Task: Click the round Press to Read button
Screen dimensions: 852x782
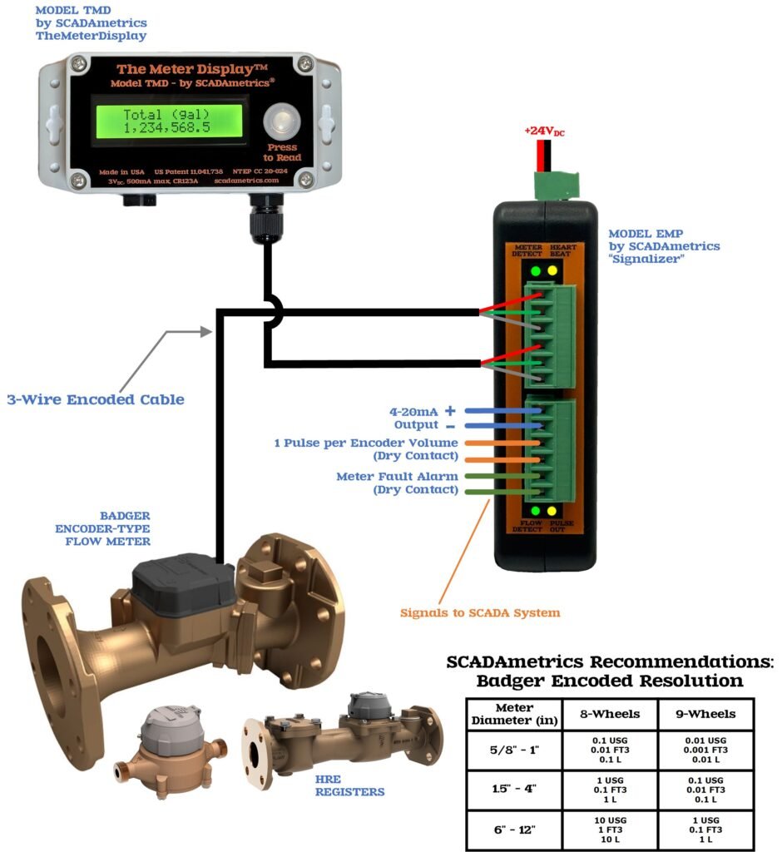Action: [280, 122]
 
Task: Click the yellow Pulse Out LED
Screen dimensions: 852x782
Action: [552, 510]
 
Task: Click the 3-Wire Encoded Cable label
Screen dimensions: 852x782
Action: [95, 399]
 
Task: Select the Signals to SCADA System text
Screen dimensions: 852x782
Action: [480, 613]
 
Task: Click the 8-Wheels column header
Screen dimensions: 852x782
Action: [611, 713]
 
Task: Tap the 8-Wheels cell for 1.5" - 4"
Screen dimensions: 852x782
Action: [611, 790]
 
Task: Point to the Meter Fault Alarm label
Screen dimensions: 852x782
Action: [397, 477]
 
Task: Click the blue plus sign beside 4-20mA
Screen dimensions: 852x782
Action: [450, 411]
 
